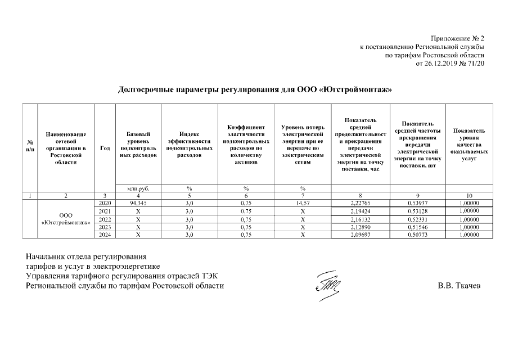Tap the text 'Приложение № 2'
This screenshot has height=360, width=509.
[457, 38]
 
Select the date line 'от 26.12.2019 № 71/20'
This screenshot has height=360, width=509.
[449, 64]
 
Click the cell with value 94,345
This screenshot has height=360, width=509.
[138, 202]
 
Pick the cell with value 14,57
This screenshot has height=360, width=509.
[303, 202]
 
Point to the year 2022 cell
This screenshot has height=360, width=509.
[105, 219]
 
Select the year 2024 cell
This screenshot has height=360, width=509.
[105, 235]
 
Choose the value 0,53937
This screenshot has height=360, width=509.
[417, 202]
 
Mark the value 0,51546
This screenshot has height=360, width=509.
[417, 227]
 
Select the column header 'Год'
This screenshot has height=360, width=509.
[105, 148]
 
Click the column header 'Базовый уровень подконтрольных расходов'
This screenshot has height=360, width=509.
[138, 145]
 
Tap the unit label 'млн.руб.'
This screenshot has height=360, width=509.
[138, 188]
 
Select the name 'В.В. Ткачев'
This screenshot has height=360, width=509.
[460, 285]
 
